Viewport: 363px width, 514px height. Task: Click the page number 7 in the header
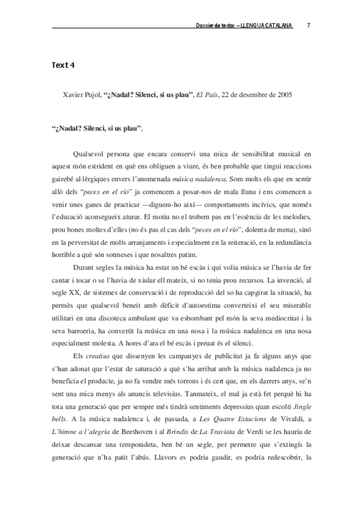pos(309,25)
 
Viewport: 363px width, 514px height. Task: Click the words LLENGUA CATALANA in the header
pos(267,25)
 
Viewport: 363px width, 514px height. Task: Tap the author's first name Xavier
pos(74,95)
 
